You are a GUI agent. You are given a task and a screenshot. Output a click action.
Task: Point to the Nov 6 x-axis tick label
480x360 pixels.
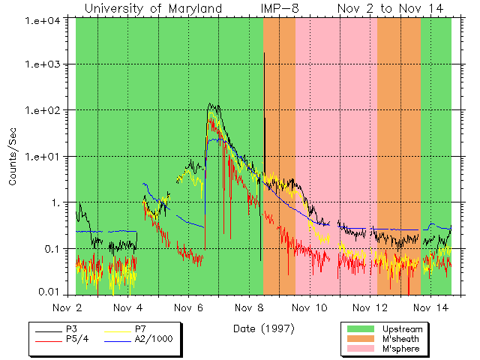[x=189, y=307]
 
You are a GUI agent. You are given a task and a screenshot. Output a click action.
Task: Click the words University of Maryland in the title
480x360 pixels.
[x=153, y=8]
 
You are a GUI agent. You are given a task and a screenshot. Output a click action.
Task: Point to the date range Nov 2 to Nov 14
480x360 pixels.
[x=390, y=8]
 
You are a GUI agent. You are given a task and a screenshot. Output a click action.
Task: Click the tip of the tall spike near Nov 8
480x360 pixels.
[x=264, y=53]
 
